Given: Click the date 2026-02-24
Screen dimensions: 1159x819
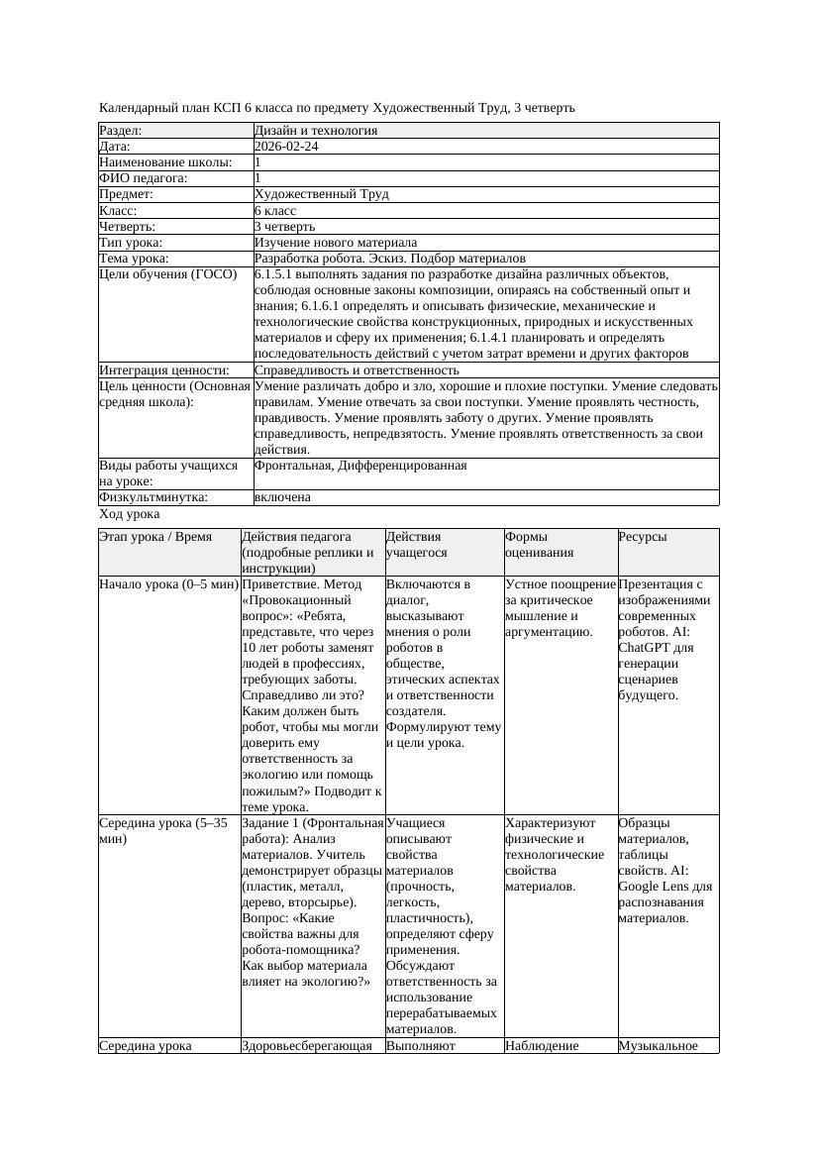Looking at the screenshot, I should pyautogui.click(x=286, y=147).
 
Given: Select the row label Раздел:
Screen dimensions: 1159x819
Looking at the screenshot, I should pyautogui.click(x=121, y=131).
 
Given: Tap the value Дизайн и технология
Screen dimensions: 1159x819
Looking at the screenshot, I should pyautogui.click(x=315, y=131).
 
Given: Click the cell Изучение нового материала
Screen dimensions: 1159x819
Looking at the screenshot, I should pyautogui.click(x=335, y=243).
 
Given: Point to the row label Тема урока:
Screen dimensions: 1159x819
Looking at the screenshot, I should pyautogui.click(x=135, y=259).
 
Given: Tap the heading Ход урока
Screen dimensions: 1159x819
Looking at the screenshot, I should pyautogui.click(x=130, y=515).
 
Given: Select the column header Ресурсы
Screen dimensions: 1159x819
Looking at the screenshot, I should pyautogui.click(x=643, y=537).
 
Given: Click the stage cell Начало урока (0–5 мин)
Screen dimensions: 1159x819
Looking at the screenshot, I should pyautogui.click(x=168, y=584).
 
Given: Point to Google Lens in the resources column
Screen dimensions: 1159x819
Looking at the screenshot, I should pyautogui.click(x=655, y=887).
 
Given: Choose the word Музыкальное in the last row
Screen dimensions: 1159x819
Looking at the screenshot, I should pyautogui.click(x=659, y=1045).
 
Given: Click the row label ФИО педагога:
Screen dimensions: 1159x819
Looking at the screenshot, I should pyautogui.click(x=144, y=178).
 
